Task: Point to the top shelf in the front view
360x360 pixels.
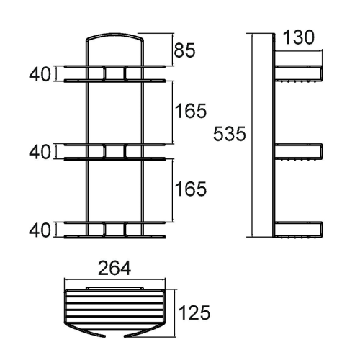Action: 114,73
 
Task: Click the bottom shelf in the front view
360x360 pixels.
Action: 114,230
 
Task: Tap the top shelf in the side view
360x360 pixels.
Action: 298,74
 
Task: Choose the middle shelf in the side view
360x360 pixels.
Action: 298,152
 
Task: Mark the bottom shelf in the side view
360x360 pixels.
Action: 298,230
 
